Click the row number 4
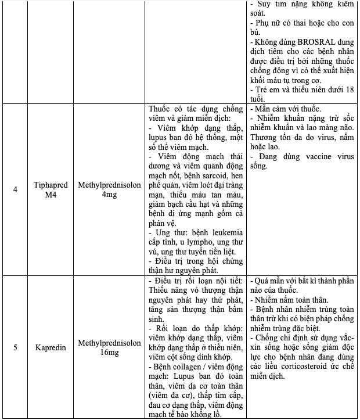tap(15, 189)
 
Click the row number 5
tap(15, 347)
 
